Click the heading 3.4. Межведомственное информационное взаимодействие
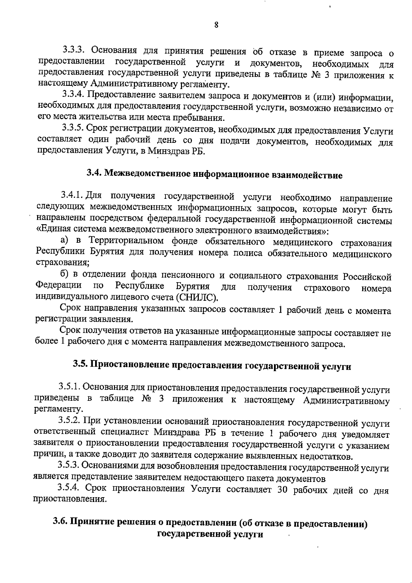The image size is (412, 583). [215, 175]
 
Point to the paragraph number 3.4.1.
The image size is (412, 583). [71, 195]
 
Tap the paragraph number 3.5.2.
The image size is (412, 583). [70, 421]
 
